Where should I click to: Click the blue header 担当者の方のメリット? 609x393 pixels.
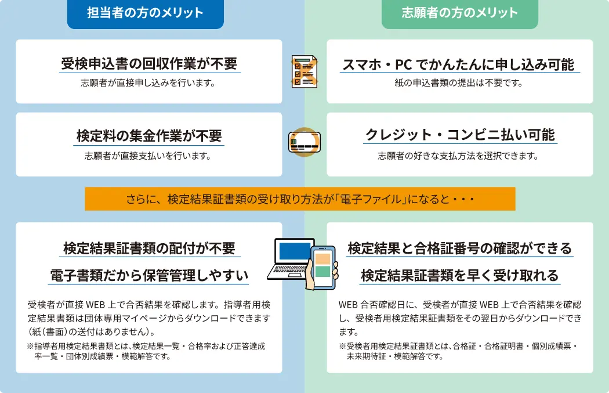click(x=145, y=13)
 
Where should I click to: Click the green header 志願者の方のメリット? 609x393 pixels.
click(x=460, y=13)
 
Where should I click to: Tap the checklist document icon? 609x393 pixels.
click(x=304, y=71)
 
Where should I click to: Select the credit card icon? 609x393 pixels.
click(x=304, y=142)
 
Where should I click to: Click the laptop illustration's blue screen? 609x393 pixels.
click(x=295, y=251)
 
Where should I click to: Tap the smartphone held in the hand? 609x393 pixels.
click(x=322, y=268)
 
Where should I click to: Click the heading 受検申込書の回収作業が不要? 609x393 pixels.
click(x=149, y=63)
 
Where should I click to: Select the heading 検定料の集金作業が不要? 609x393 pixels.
click(x=149, y=136)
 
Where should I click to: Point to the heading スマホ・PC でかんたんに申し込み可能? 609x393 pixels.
click(x=458, y=64)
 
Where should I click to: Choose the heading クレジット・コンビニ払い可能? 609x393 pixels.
click(x=461, y=135)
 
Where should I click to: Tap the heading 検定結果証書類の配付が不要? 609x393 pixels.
click(x=149, y=248)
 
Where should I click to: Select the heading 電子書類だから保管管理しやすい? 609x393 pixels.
click(x=148, y=276)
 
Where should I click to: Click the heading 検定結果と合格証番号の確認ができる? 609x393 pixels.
click(x=460, y=248)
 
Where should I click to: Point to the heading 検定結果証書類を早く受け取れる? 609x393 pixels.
click(x=460, y=276)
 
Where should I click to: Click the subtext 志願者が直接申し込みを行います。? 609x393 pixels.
click(x=148, y=83)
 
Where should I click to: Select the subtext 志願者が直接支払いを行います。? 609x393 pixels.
click(x=148, y=156)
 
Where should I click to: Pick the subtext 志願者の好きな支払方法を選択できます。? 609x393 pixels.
click(x=458, y=156)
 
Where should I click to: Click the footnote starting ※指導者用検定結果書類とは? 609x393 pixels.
click(x=146, y=351)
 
